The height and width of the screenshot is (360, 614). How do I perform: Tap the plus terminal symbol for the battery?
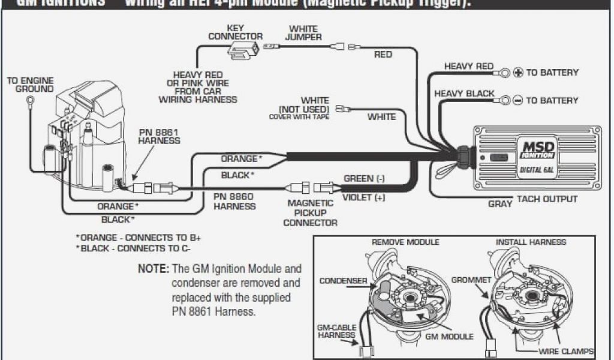click(518, 73)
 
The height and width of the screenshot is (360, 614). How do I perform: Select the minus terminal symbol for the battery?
click(518, 100)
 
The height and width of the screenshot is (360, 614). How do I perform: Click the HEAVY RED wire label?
click(468, 67)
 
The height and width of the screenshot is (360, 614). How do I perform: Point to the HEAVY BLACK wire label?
click(464, 94)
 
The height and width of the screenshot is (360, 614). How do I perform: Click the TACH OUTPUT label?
click(547, 199)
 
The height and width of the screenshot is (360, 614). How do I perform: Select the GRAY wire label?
click(499, 204)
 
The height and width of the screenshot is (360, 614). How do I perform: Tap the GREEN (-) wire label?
click(364, 179)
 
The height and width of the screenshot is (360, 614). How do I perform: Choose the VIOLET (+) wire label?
click(363, 197)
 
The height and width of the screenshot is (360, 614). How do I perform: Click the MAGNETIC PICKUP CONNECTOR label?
click(310, 212)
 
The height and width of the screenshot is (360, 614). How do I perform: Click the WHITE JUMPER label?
click(303, 33)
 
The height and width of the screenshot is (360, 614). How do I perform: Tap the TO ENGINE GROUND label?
click(30, 85)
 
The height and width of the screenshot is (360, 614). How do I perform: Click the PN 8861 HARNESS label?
click(159, 136)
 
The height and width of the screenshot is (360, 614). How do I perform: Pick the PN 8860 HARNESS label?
click(234, 201)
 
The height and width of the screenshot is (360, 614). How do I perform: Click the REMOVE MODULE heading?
click(405, 242)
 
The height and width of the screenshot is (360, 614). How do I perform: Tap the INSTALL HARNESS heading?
click(531, 242)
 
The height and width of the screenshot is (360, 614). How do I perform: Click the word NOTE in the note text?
click(153, 269)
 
